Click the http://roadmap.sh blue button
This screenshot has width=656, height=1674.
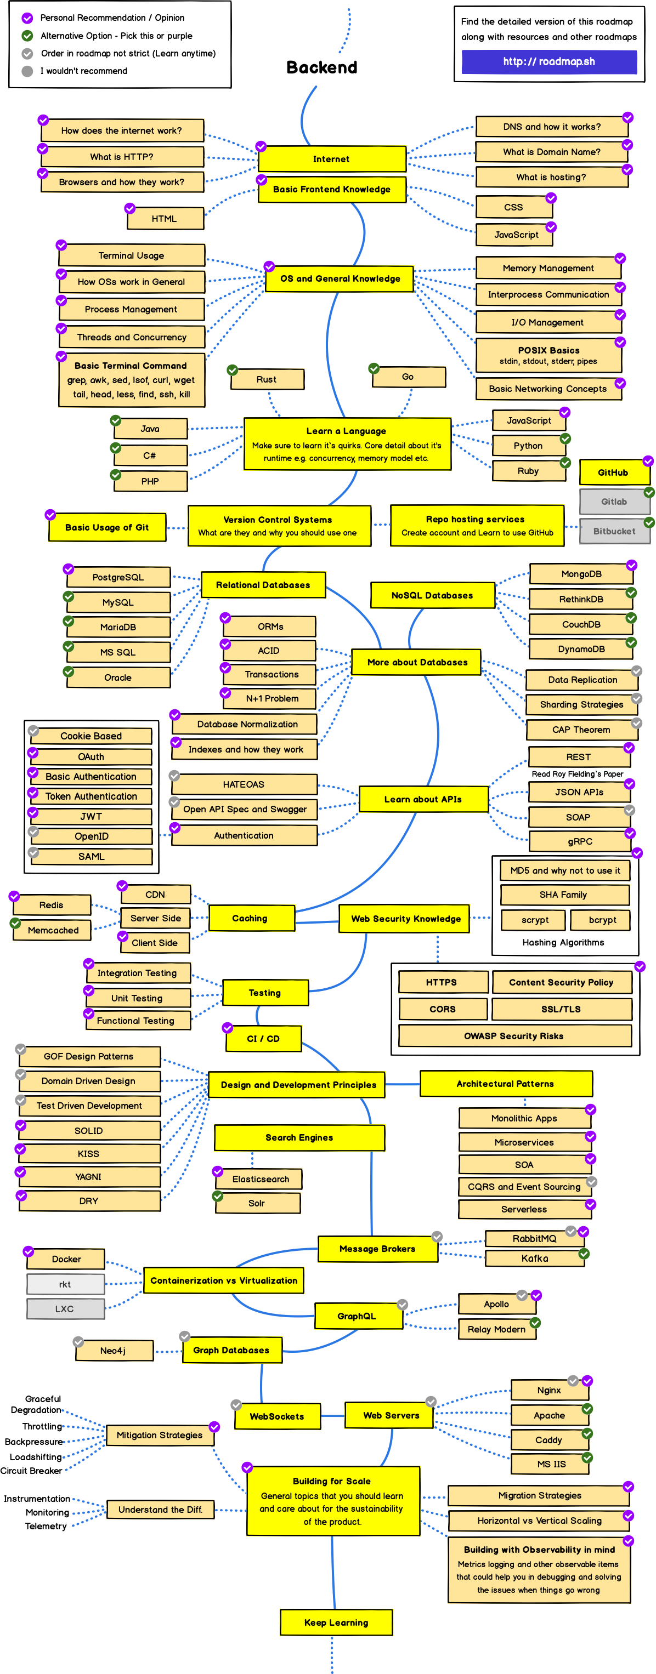click(x=548, y=62)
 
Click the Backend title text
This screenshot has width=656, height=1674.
click(x=322, y=67)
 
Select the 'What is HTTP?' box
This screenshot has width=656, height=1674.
click(x=122, y=157)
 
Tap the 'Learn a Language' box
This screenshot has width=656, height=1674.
click(x=347, y=444)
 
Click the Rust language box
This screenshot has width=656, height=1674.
click(x=267, y=379)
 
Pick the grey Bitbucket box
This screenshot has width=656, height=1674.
click(x=614, y=531)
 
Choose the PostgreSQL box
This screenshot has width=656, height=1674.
click(x=118, y=577)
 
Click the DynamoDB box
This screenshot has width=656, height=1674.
click(x=581, y=649)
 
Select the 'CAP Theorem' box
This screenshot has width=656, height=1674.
click(x=581, y=730)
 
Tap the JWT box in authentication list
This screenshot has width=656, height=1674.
click(x=91, y=816)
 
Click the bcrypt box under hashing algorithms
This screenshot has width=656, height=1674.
click(x=602, y=920)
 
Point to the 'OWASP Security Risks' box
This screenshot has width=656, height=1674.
click(x=513, y=1036)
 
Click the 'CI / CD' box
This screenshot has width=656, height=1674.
click(x=263, y=1039)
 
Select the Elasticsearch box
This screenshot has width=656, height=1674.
click(x=260, y=1179)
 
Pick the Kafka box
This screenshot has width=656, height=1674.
click(x=534, y=1259)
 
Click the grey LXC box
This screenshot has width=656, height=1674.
click(x=65, y=1309)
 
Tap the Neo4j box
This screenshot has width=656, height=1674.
click(x=114, y=1351)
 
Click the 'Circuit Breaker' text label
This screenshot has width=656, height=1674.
click(x=31, y=1471)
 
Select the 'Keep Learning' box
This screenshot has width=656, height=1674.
click(x=336, y=1622)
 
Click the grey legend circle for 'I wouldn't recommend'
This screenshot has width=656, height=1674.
click(x=27, y=71)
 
